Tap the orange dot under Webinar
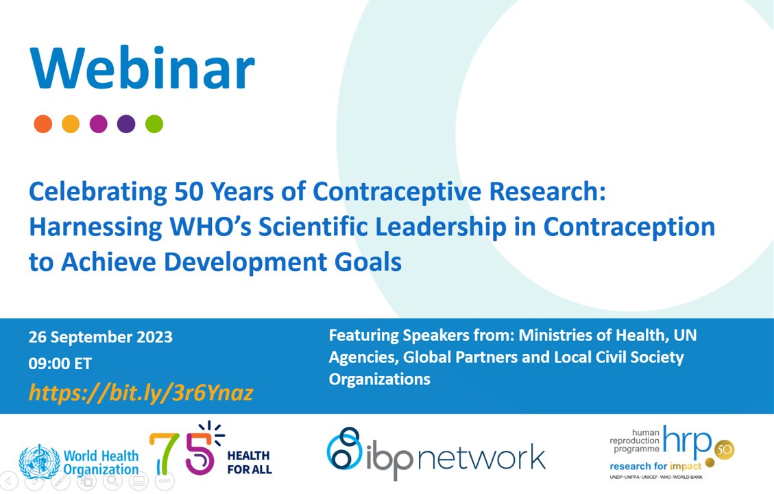pos(43,123)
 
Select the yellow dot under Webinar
pos(71,123)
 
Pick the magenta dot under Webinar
pos(98,123)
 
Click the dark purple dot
pos(126,123)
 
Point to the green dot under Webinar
pos(154,123)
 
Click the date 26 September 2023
pos(100,338)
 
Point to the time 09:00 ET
pos(60,364)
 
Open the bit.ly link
pos(141,392)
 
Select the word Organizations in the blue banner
pos(379,379)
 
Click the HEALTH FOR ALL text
pos(249,462)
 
